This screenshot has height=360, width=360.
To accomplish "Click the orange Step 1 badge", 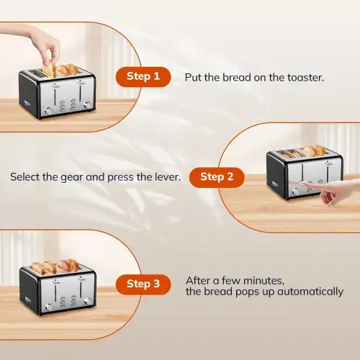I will (x=144, y=76).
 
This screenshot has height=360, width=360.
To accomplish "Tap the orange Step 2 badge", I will (x=217, y=176).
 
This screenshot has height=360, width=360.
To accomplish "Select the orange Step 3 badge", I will (x=144, y=284).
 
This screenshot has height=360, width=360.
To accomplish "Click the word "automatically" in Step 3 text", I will (x=311, y=292).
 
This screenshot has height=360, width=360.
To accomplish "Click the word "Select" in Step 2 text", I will (x=26, y=176).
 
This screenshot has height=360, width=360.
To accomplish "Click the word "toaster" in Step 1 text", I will (x=303, y=76).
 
